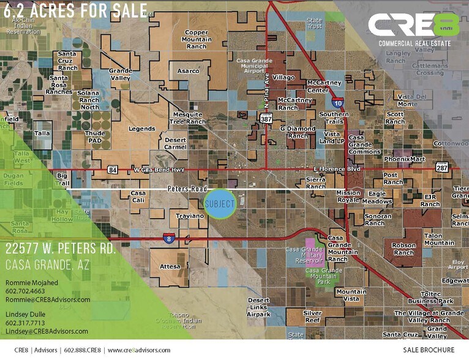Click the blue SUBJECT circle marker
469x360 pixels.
click(220, 204)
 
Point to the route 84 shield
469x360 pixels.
click(113, 169)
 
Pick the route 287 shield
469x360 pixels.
click(442, 167)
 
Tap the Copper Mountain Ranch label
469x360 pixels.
click(197, 40)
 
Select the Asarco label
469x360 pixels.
click(188, 71)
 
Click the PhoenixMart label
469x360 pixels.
click(404, 159)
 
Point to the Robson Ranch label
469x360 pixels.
click(403, 249)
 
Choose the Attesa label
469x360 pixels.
click(170, 266)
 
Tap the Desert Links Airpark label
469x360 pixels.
click(258, 307)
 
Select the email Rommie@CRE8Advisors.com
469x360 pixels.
click(48, 299)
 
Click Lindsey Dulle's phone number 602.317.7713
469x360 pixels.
click(26, 323)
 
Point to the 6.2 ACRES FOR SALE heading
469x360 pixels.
click(75, 10)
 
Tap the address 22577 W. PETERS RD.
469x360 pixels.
click(61, 249)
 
